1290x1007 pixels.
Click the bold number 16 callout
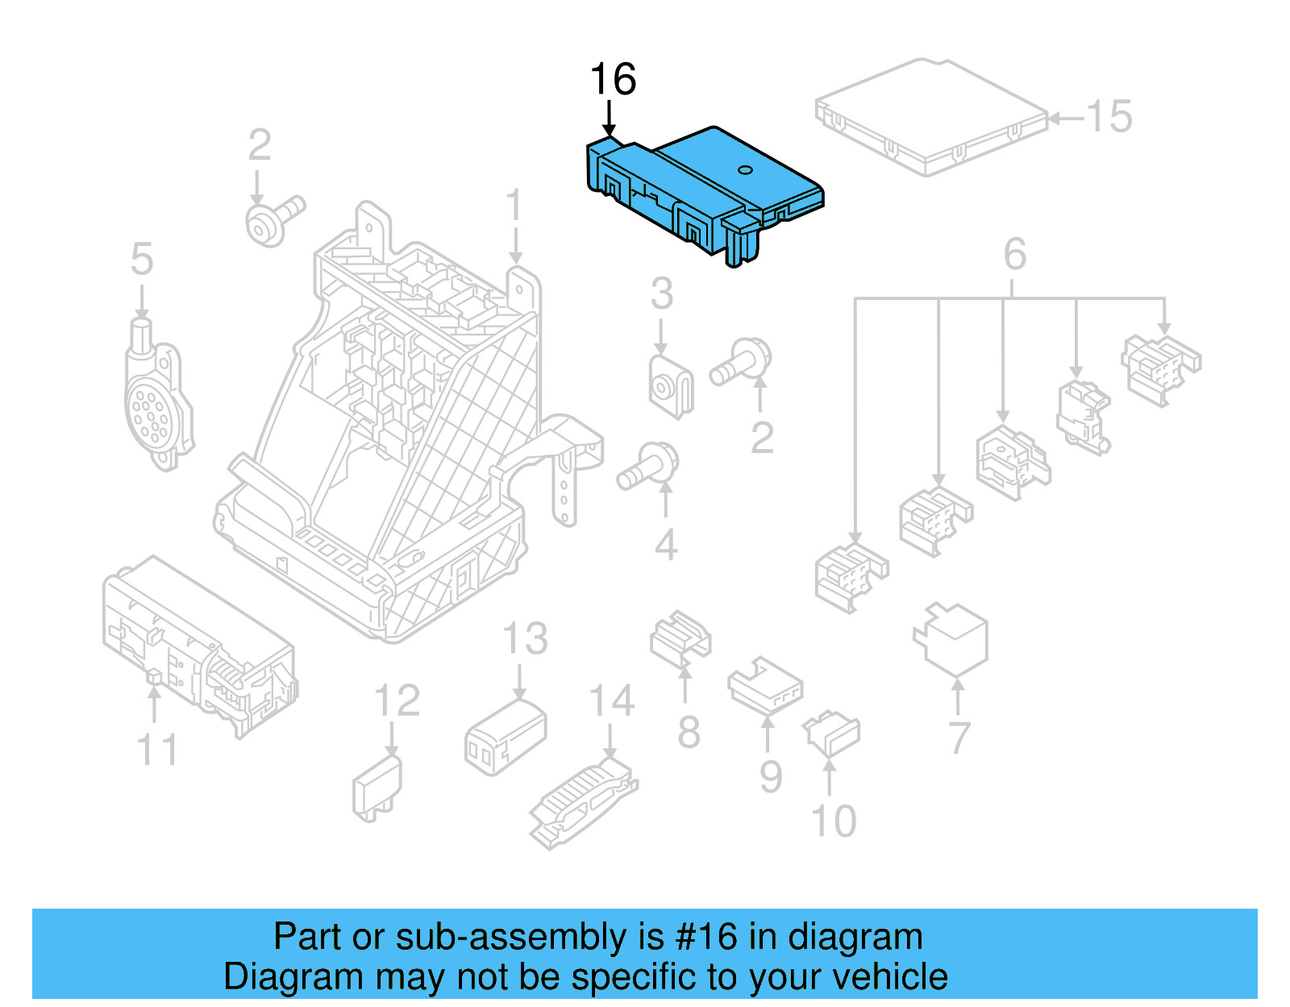[x=613, y=80]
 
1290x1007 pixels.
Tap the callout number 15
[x=1109, y=117]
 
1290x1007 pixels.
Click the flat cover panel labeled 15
[x=931, y=117]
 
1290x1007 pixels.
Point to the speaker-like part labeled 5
[x=156, y=399]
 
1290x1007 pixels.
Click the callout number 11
[x=157, y=750]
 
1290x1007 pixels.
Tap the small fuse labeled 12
[x=376, y=787]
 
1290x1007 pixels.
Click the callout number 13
[x=525, y=639]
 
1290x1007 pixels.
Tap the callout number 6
[x=1014, y=255]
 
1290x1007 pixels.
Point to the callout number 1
[x=514, y=206]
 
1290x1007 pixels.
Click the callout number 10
[x=833, y=822]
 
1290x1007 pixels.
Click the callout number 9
[x=771, y=776]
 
